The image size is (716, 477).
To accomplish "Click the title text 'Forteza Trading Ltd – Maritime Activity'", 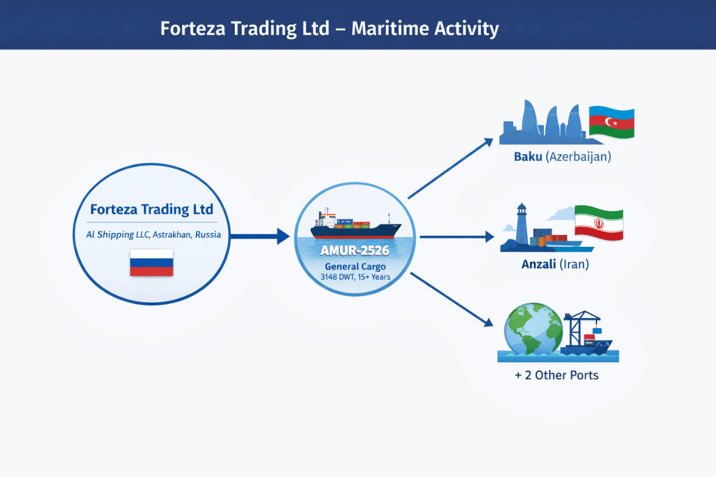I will [329, 29].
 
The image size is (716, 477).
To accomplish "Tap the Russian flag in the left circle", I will [152, 263].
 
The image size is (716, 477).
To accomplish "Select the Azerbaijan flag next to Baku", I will [611, 122].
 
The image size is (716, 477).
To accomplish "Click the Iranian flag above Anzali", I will [599, 223].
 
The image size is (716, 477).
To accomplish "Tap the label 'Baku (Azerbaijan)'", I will [562, 157].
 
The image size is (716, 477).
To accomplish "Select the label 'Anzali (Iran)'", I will [555, 264].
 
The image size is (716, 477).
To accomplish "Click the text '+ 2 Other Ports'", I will [557, 375].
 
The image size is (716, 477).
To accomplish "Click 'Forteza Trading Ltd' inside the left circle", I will [152, 209].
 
